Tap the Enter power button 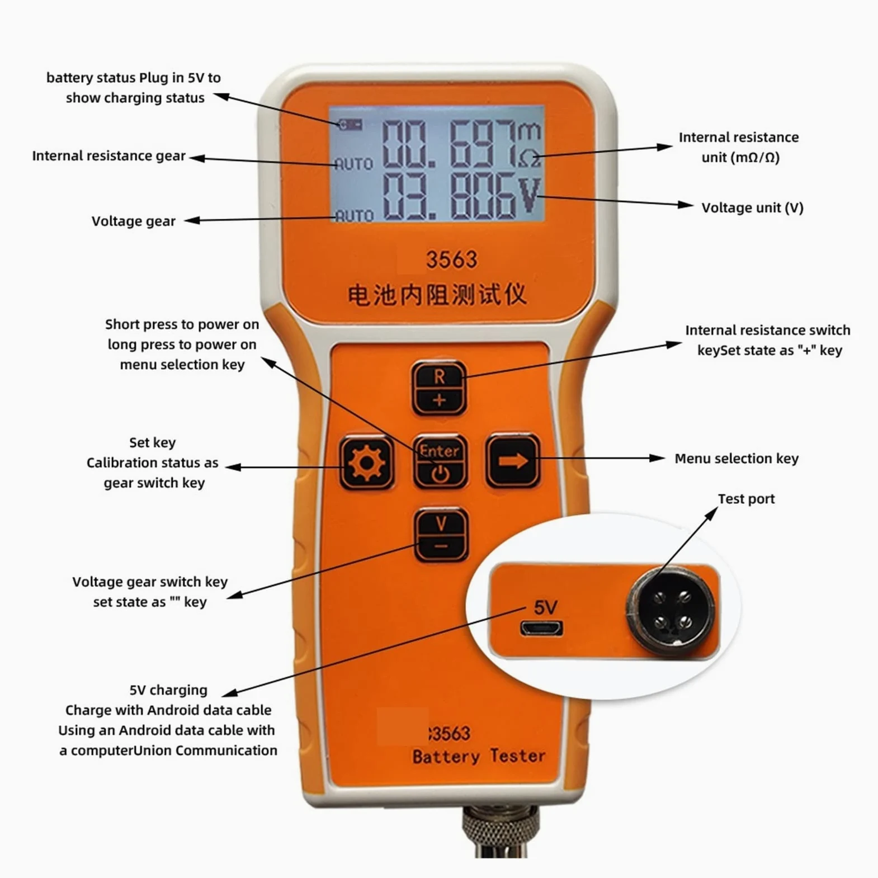point(440,462)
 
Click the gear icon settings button point(367,462)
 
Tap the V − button point(441,534)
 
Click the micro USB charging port point(541,629)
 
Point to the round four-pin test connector point(670,611)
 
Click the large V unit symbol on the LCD point(529,196)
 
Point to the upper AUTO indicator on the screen point(354,164)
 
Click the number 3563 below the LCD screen point(452,259)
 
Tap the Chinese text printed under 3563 point(437,295)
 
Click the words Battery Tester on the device point(479,756)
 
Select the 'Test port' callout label point(746,499)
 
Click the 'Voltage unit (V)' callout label point(752,208)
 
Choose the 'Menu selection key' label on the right point(737,459)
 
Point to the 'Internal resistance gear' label point(108,156)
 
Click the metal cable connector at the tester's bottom point(501,830)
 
